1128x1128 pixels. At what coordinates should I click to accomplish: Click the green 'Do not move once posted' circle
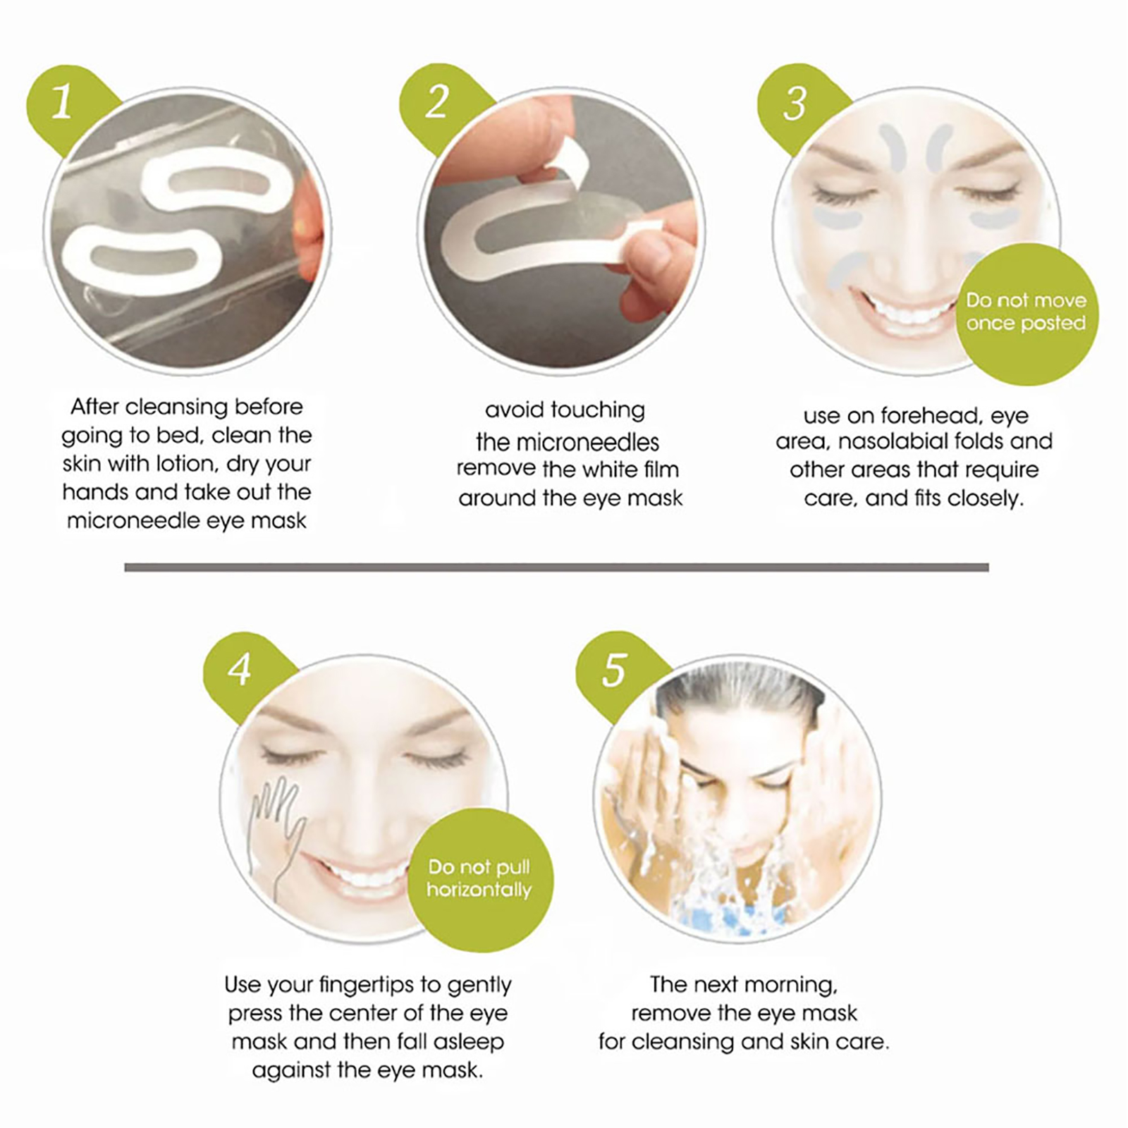click(1026, 314)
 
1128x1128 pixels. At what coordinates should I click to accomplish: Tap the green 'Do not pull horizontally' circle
click(479, 879)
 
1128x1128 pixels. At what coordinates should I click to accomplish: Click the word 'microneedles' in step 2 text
click(568, 442)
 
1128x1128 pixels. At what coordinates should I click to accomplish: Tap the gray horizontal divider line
click(556, 567)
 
